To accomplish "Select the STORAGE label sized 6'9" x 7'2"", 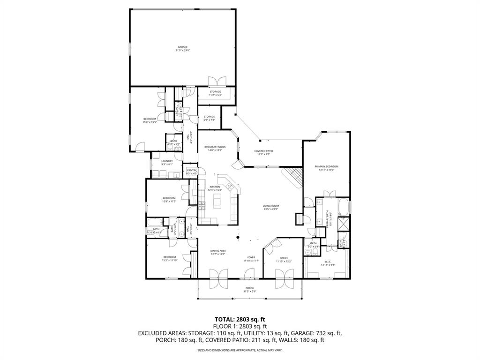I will (209, 118).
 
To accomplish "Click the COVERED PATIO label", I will (263, 152).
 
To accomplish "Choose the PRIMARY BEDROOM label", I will (326, 168).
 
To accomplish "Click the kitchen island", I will (217, 202).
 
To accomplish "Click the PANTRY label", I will (192, 172).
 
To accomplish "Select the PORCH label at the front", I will (250, 290).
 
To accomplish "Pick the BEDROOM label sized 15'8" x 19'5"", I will (150, 120).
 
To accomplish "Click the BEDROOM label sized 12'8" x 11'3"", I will (169, 200).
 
